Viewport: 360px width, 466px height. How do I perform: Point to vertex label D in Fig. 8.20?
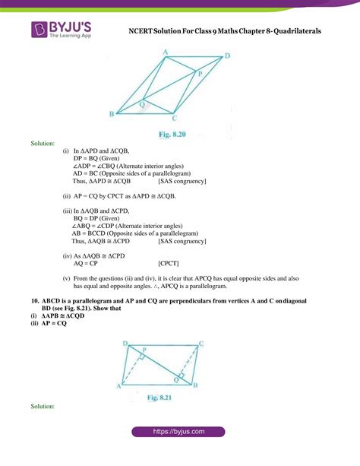coord(227,56)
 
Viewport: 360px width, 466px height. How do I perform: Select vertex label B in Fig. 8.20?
coord(112,114)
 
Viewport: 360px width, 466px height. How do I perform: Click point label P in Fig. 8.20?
coord(200,74)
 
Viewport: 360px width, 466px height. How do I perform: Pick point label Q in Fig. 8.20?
coord(143,103)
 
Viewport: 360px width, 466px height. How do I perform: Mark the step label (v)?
coord(66,277)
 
